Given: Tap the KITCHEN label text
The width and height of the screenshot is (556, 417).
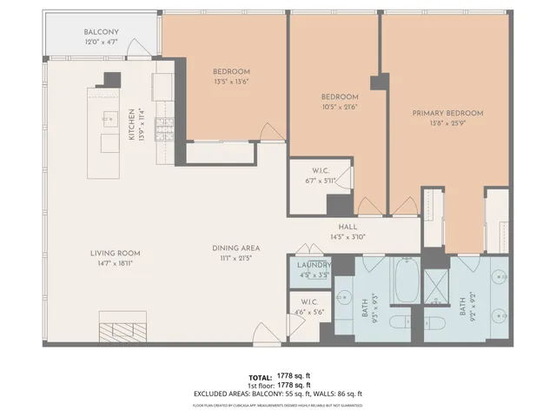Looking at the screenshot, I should point(132,125).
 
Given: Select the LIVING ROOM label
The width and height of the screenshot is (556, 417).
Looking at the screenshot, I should point(115,254).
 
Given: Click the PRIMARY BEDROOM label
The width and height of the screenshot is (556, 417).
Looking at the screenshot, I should point(447,113).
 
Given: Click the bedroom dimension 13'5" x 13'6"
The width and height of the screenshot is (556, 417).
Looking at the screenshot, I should point(231,83).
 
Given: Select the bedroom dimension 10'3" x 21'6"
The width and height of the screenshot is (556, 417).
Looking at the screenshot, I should point(340,108).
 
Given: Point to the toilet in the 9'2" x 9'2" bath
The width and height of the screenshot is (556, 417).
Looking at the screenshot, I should point(440,323).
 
